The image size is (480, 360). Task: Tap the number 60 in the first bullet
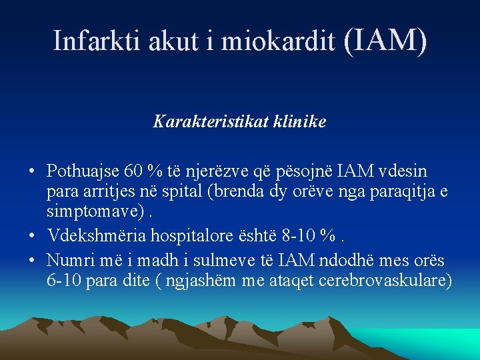click(x=135, y=171)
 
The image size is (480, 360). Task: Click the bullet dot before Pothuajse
click(x=32, y=172)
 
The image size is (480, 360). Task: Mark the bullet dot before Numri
click(x=32, y=259)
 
